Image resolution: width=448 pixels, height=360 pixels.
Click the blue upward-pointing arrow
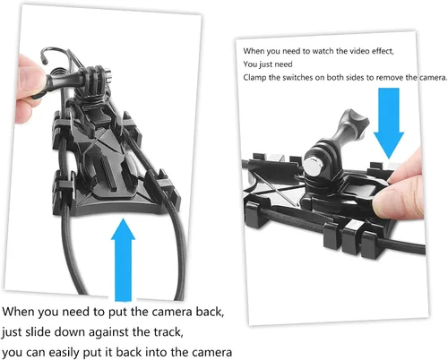(123, 260)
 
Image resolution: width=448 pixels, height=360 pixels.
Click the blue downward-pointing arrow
(389, 123)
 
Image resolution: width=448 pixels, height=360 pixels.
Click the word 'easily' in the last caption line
(64, 353)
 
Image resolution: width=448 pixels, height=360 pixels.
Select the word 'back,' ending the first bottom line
(210, 312)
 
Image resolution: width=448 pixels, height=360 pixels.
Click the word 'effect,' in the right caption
(383, 51)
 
